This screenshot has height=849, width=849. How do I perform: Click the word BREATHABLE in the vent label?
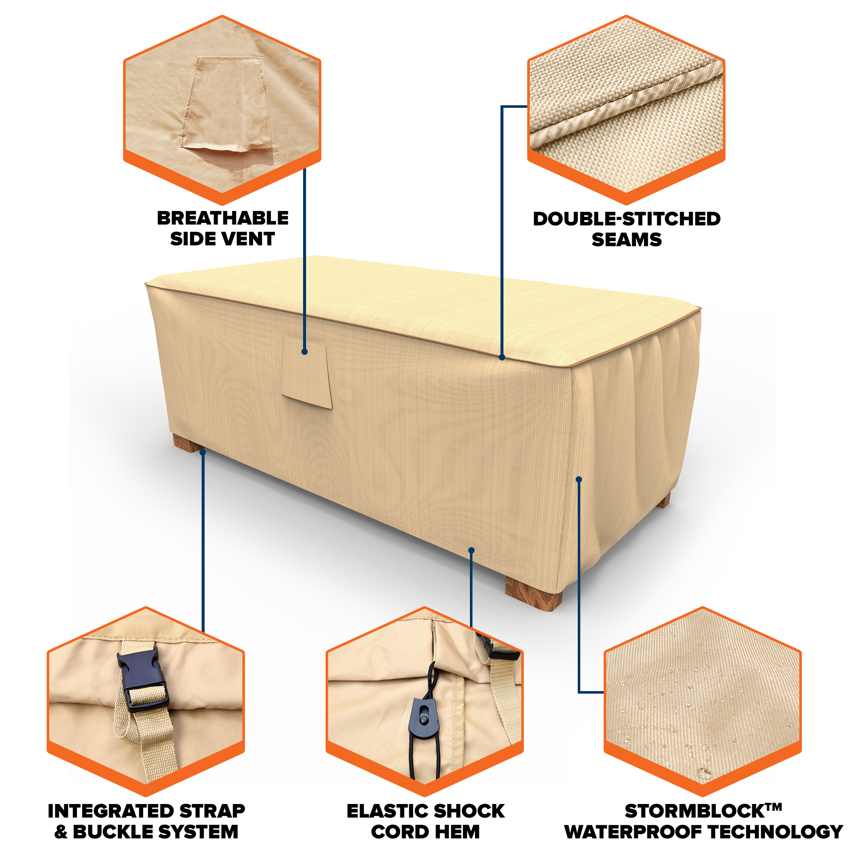[223, 218]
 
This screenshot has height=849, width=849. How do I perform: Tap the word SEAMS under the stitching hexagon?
[626, 239]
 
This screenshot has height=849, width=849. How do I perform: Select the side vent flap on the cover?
[306, 372]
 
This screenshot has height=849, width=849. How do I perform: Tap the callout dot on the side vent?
[304, 351]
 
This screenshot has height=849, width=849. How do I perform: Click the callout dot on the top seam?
[502, 357]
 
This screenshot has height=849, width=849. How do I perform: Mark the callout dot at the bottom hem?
[471, 550]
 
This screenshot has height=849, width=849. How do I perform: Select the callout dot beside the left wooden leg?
[202, 452]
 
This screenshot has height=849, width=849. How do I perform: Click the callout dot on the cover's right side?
[579, 479]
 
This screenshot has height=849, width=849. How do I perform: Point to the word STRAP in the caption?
[212, 811]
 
